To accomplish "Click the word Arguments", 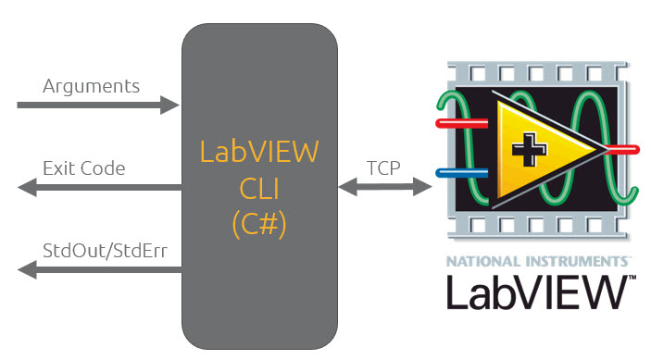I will [x=91, y=86].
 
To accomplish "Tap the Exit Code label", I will [x=83, y=168].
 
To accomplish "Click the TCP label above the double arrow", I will [x=383, y=168].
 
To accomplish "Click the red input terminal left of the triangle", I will [x=456, y=121].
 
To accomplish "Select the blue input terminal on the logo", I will [x=456, y=172].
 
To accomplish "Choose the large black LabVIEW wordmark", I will [x=532, y=291].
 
